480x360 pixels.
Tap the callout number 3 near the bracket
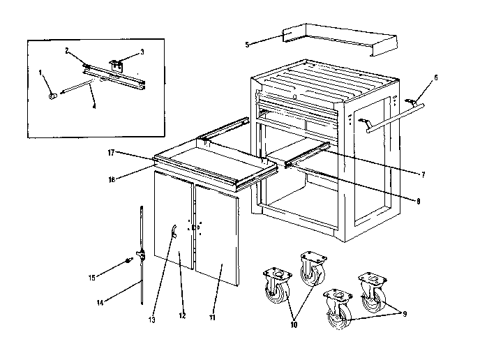(142, 51)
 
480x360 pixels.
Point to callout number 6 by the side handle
(436, 78)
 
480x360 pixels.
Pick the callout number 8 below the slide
(418, 202)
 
